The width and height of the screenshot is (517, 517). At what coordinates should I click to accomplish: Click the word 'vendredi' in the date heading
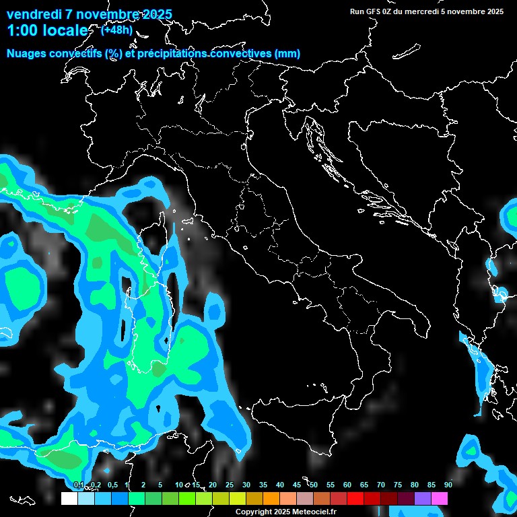[x=33, y=14]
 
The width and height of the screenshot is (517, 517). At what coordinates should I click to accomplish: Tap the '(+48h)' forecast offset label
[x=116, y=30]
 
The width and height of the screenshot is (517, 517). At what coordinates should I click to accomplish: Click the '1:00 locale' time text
[x=47, y=30]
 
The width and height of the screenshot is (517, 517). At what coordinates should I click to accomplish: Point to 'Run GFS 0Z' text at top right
[x=374, y=11]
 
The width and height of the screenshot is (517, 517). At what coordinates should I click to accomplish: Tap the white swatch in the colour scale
[x=69, y=499]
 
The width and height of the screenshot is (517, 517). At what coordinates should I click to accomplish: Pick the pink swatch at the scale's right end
[x=440, y=499]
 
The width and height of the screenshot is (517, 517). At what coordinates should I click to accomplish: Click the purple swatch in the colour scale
[x=423, y=499]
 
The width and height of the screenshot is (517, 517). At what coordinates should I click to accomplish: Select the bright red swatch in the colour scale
[x=355, y=499]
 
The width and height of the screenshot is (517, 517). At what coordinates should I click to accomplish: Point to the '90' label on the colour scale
[x=448, y=485]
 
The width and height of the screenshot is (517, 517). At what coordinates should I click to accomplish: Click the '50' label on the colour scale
[x=314, y=485]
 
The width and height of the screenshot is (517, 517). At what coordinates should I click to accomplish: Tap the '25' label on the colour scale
[x=230, y=485]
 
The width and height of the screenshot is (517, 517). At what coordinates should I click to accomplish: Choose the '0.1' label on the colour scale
[x=78, y=485]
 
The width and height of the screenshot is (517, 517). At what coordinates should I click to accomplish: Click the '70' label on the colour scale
[x=381, y=485]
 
